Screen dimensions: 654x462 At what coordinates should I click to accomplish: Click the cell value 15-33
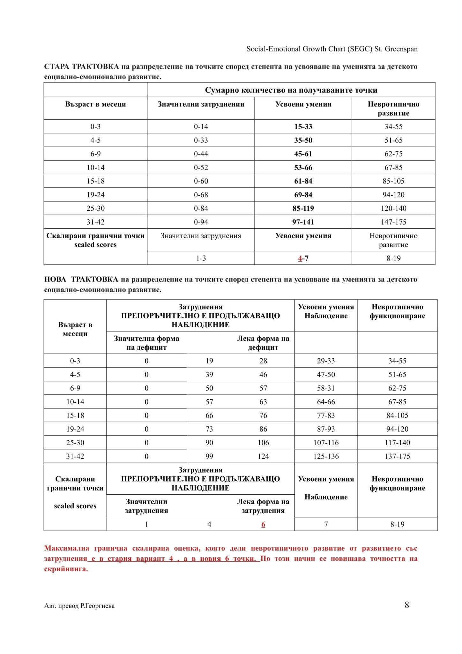click(303, 126)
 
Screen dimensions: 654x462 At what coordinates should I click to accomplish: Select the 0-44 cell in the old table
click(201, 154)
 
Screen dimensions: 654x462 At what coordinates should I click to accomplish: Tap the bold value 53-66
click(303, 168)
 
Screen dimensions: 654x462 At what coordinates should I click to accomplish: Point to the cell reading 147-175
click(393, 222)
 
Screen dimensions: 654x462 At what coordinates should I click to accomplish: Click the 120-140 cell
click(393, 209)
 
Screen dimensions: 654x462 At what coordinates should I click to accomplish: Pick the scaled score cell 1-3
click(201, 258)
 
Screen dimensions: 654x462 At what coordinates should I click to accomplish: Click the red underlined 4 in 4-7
click(300, 258)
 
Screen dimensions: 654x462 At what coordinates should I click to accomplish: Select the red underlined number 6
click(263, 524)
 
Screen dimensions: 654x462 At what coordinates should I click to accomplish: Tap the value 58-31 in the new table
click(326, 388)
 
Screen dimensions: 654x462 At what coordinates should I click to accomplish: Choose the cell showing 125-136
click(326, 456)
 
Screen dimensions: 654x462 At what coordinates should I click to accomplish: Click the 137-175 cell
click(397, 456)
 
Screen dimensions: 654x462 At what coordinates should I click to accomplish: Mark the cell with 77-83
click(326, 415)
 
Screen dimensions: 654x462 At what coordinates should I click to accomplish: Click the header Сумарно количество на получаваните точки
click(291, 90)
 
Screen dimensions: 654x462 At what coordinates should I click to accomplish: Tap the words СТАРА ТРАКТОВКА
click(81, 67)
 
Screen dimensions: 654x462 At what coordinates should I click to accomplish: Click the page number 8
click(407, 605)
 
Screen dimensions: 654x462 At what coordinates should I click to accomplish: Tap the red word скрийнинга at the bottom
click(66, 569)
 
